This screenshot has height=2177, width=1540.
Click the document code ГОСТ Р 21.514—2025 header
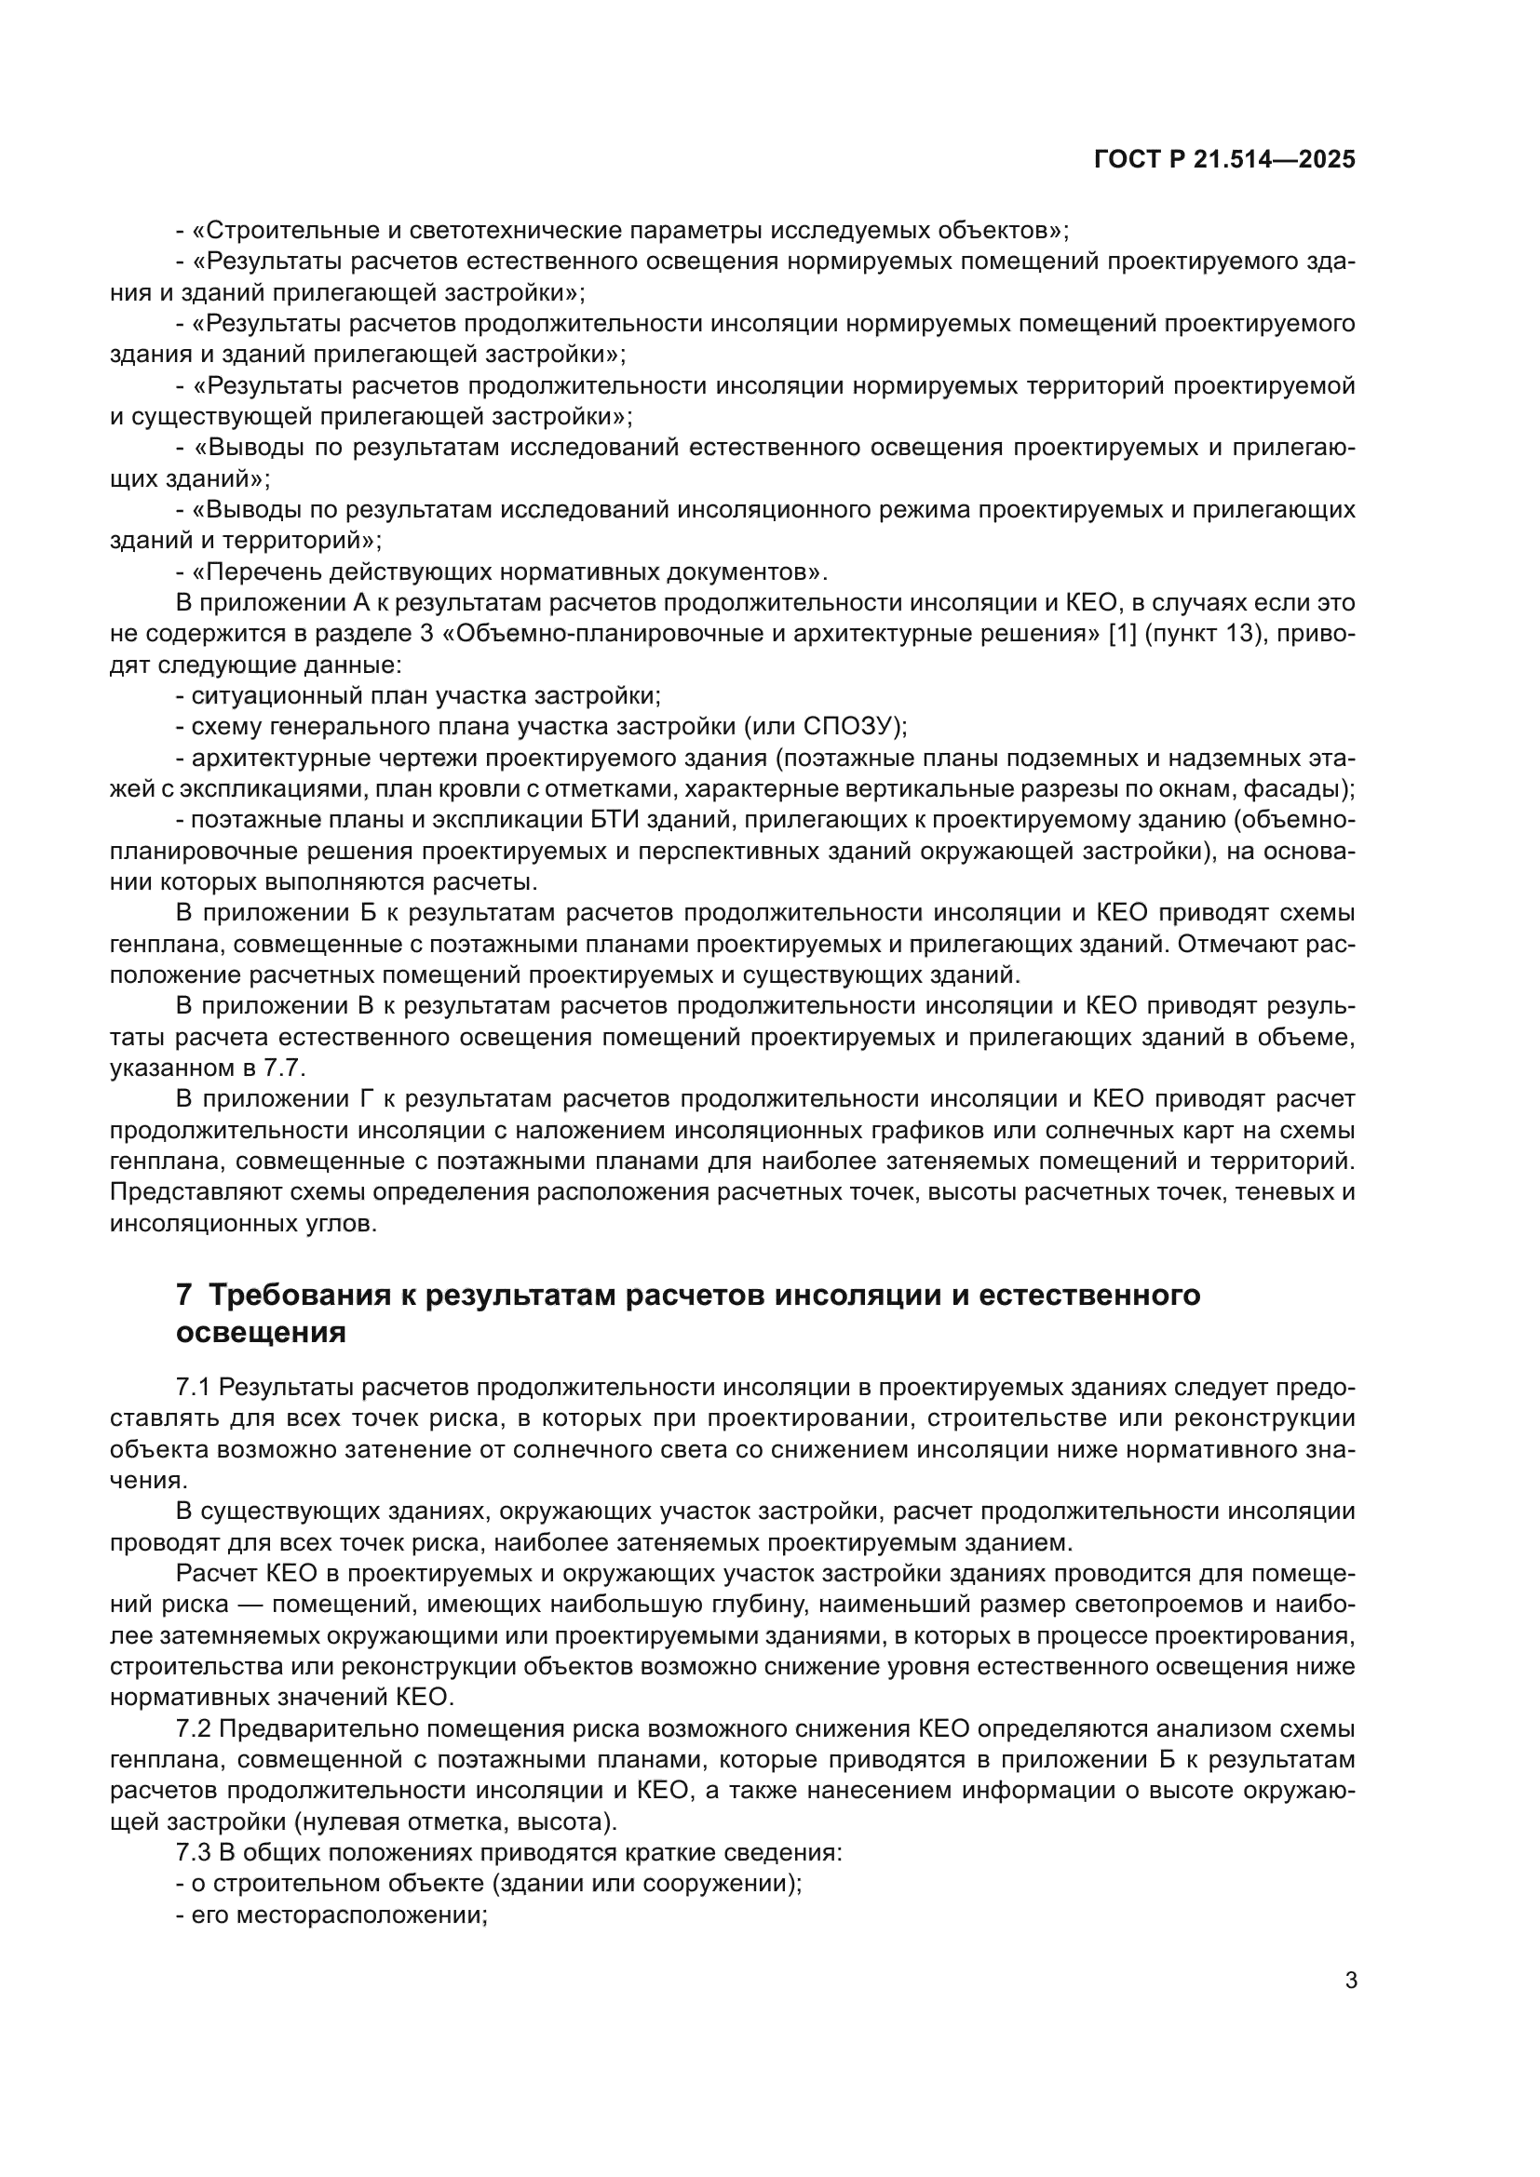tap(1224, 159)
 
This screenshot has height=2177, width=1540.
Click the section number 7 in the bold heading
tap(185, 1295)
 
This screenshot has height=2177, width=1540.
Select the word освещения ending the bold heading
tap(261, 1332)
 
